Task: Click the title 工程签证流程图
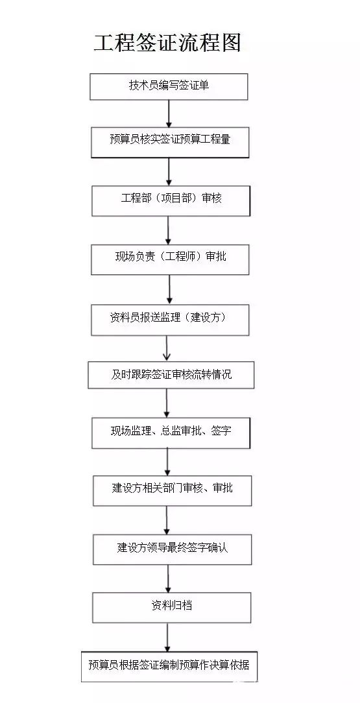pyautogui.click(x=168, y=42)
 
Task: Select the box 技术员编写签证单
pyautogui.click(x=169, y=86)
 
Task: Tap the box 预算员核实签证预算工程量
pyautogui.click(x=170, y=139)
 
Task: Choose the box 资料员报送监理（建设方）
pyautogui.click(x=170, y=318)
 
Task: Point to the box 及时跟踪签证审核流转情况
pyautogui.click(x=171, y=375)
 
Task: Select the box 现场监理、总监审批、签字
pyautogui.click(x=171, y=432)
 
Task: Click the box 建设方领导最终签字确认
pyautogui.click(x=172, y=549)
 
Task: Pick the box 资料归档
pyautogui.click(x=171, y=607)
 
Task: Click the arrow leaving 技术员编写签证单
pyautogui.click(x=169, y=113)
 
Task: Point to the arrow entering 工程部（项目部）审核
pyautogui.click(x=169, y=172)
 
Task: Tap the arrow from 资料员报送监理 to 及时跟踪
pyautogui.click(x=168, y=348)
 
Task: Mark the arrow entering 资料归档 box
pyautogui.click(x=169, y=578)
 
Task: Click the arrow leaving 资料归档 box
pyautogui.click(x=168, y=637)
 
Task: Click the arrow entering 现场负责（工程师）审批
pyautogui.click(x=168, y=230)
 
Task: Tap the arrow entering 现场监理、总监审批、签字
pyautogui.click(x=168, y=403)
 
